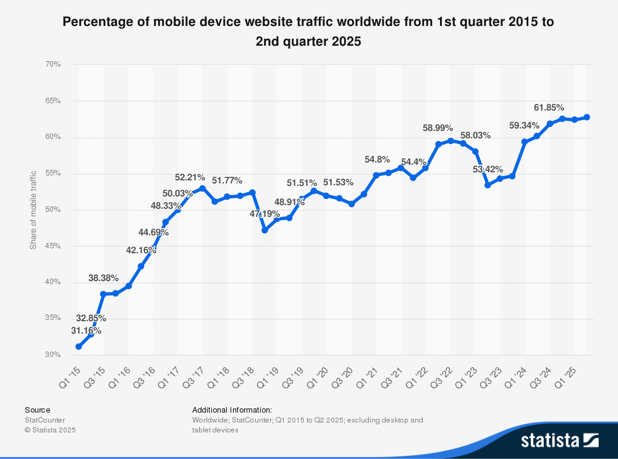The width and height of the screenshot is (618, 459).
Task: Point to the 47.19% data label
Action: point(265,214)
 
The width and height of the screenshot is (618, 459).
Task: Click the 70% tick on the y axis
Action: point(52,64)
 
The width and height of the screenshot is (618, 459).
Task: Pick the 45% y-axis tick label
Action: point(52,246)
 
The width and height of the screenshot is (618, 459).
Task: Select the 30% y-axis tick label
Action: point(52,355)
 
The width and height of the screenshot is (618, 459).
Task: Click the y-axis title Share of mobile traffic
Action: point(33,210)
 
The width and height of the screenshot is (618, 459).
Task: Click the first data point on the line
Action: point(78,347)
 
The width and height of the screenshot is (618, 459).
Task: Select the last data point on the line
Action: point(586,117)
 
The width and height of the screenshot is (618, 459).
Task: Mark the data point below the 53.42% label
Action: point(488,185)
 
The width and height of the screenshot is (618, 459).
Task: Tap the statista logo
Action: point(559,440)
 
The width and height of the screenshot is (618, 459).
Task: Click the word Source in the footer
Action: point(37,410)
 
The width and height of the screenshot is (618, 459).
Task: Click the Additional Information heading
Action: point(232,410)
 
